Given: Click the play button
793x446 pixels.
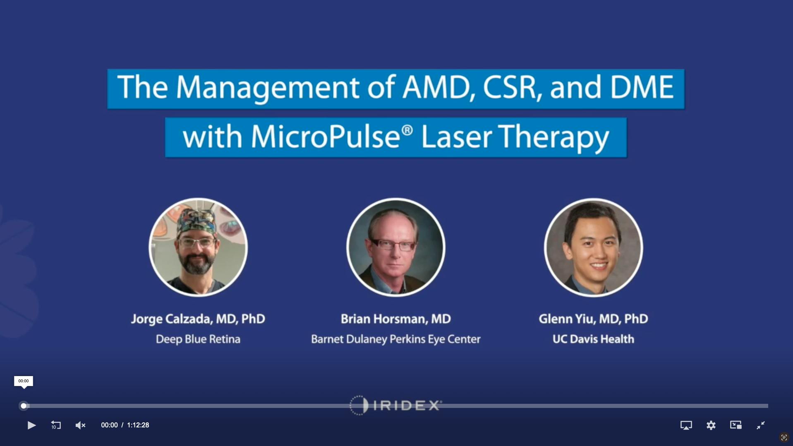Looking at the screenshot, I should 31,425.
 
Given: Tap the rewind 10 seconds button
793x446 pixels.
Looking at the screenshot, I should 56,425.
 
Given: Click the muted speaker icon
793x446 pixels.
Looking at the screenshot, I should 80,425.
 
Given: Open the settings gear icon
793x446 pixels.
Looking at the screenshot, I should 711,425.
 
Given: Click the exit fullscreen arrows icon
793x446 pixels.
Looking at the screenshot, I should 760,425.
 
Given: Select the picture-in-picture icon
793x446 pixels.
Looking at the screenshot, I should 736,425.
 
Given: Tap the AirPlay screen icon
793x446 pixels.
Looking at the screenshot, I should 686,425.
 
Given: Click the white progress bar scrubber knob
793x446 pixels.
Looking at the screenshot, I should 24,406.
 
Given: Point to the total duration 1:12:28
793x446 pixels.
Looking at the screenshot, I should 138,425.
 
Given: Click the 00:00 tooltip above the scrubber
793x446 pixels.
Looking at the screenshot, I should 24,381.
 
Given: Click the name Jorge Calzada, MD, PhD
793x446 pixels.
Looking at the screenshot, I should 198,319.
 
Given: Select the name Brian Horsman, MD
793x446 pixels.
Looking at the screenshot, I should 395,319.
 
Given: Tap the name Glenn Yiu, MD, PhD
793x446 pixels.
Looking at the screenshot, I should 593,319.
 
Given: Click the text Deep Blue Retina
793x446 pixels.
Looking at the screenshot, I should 198,339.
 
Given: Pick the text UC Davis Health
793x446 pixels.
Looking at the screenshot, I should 593,339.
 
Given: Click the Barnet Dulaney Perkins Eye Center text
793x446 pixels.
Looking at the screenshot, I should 395,339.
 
